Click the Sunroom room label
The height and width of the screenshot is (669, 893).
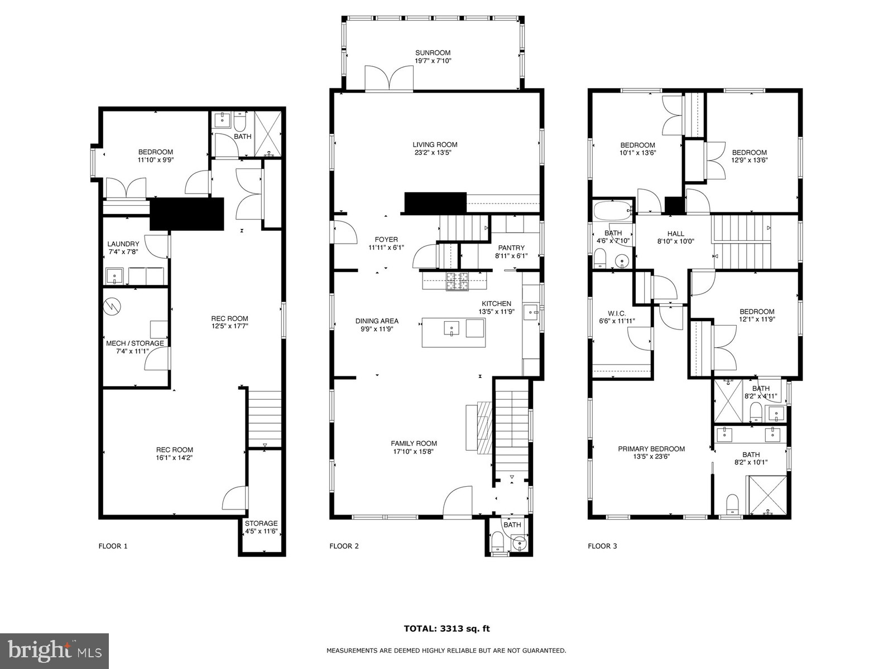(x=433, y=53)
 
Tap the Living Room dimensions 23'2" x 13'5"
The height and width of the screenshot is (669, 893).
(x=435, y=153)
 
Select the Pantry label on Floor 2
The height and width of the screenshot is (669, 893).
(x=511, y=248)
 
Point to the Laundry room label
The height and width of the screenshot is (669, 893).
(x=123, y=244)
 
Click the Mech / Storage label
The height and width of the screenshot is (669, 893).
(x=135, y=343)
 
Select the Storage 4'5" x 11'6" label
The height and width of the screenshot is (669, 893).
(x=261, y=523)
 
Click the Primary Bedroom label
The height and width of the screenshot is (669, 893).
(x=651, y=449)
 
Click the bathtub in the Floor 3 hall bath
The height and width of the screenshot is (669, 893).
(x=612, y=212)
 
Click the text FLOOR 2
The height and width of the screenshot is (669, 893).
(x=344, y=546)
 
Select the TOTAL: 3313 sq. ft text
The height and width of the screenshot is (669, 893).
(x=446, y=629)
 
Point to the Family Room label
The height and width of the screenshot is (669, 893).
(x=414, y=444)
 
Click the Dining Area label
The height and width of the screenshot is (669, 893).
(x=377, y=321)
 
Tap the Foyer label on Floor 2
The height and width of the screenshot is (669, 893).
(x=386, y=240)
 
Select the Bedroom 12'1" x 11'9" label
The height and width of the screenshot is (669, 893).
(x=757, y=312)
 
